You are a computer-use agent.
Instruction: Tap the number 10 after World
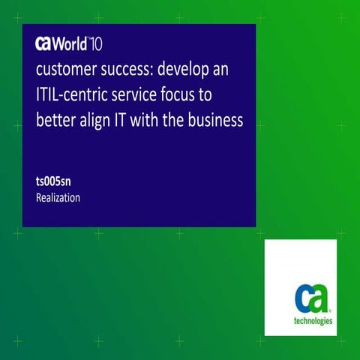point(101,43)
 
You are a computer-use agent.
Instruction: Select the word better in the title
point(57,119)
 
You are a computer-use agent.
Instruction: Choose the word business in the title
point(217,119)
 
